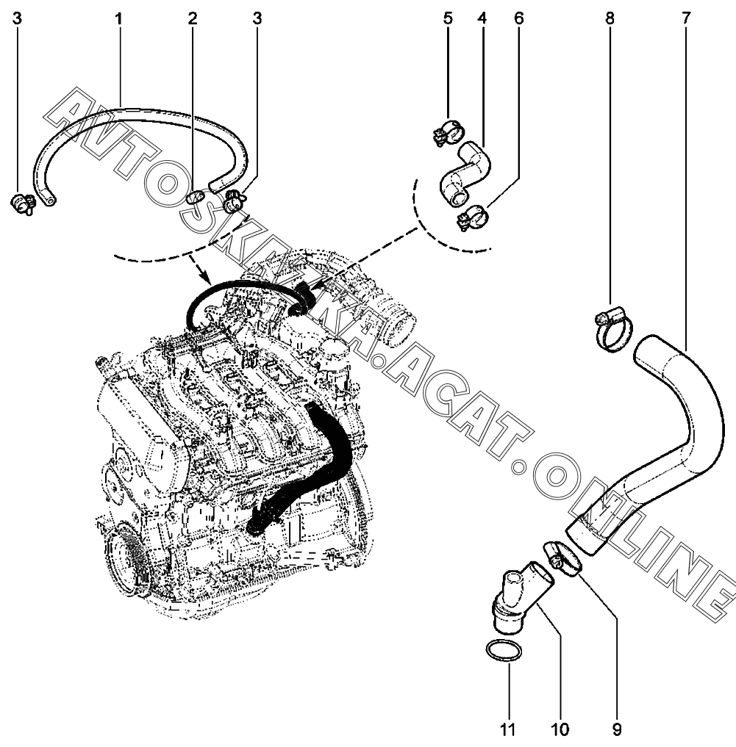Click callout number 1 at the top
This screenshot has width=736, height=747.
pyautogui.click(x=118, y=18)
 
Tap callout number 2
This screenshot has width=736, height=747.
pyautogui.click(x=193, y=18)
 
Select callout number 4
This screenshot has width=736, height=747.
pyautogui.click(x=482, y=18)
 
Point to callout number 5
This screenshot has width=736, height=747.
pyautogui.click(x=447, y=18)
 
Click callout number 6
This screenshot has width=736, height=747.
pyautogui.click(x=518, y=18)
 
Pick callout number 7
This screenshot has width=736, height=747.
pyautogui.click(x=686, y=18)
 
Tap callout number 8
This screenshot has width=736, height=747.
pyautogui.click(x=610, y=18)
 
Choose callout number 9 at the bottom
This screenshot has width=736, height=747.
pyautogui.click(x=616, y=729)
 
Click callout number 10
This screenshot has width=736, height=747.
pyautogui.click(x=560, y=729)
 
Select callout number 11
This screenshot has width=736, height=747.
pyautogui.click(x=507, y=729)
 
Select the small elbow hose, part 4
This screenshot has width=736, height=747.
pyautogui.click(x=465, y=172)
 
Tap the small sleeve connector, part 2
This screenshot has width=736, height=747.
pyautogui.click(x=195, y=196)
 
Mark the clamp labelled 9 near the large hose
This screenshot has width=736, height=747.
pyautogui.click(x=562, y=557)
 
